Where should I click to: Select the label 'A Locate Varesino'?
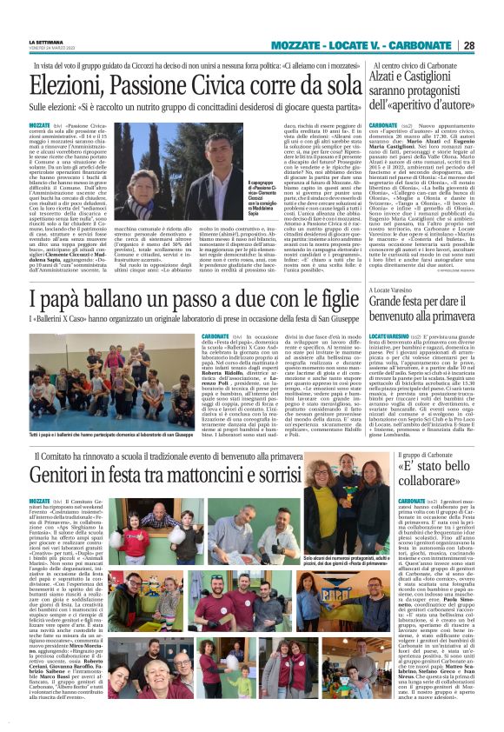coord(398,289)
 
